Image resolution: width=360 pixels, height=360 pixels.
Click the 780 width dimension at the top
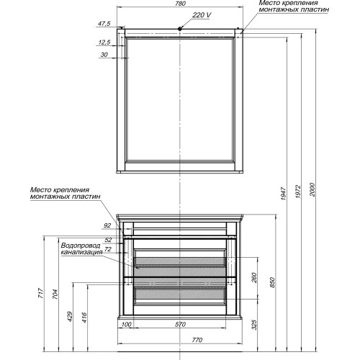coord(180,4)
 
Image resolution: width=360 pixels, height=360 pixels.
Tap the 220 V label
coord(202,15)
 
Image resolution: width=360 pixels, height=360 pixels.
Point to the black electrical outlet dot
coord(180,28)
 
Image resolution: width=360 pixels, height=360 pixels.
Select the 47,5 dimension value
coord(104,24)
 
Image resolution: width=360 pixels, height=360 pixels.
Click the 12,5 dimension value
coord(104,42)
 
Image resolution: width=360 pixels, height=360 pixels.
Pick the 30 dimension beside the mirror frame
coord(104,55)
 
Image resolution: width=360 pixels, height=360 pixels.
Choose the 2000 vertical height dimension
coord(312,189)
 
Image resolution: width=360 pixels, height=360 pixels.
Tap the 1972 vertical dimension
coord(298,192)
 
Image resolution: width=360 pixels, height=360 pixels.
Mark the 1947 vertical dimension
coord(284,194)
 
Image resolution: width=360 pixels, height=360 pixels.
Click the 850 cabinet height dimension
coord(272,282)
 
